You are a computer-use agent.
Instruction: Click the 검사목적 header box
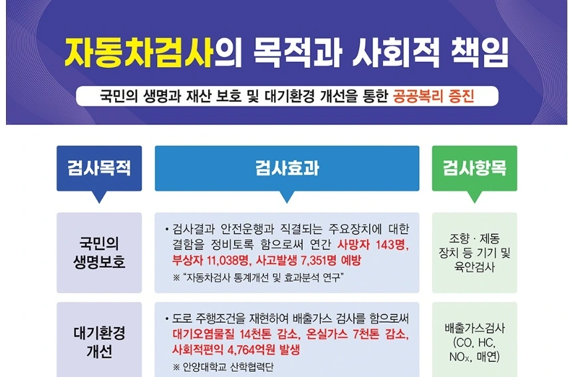(x=99, y=168)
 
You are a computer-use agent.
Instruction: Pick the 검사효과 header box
(x=287, y=168)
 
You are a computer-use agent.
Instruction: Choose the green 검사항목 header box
(x=474, y=168)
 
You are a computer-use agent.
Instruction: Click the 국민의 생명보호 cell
(x=99, y=253)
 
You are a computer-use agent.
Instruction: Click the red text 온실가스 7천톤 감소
(x=355, y=334)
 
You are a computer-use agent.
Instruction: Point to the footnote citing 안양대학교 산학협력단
(x=227, y=367)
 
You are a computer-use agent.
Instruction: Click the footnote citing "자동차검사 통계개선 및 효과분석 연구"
(x=261, y=277)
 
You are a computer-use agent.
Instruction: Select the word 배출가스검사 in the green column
(x=474, y=328)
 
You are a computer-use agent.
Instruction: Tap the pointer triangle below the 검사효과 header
(x=287, y=197)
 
